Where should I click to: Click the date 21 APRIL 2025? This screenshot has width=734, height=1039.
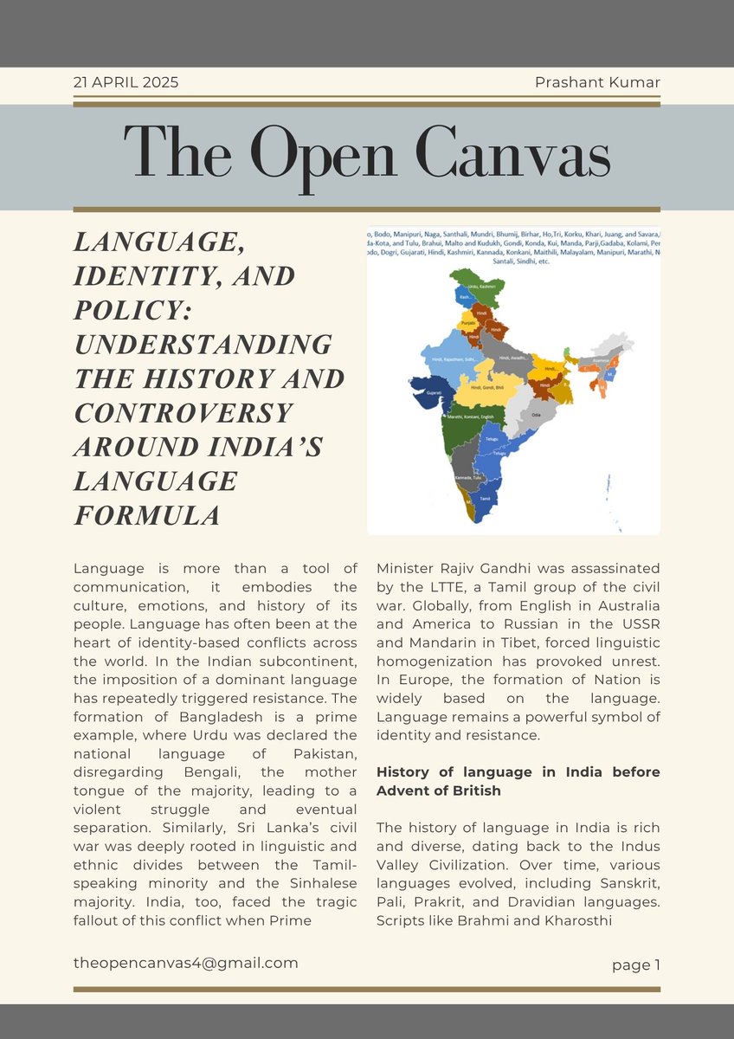click(x=126, y=83)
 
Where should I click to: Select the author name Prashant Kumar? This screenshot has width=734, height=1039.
click(x=598, y=83)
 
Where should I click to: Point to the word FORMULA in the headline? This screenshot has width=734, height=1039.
click(x=146, y=514)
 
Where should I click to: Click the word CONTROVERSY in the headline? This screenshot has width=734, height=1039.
click(x=184, y=412)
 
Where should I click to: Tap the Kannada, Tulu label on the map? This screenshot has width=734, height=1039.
click(x=467, y=478)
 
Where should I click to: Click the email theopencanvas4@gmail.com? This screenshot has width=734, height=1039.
click(x=186, y=962)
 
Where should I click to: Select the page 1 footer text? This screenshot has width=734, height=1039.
click(x=635, y=965)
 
